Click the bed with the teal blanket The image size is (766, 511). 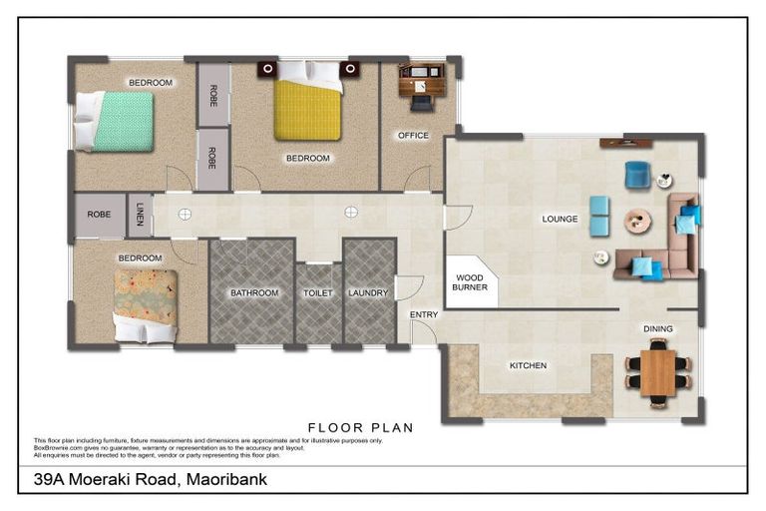[x=114, y=121]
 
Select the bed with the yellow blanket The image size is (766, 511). [x=307, y=109]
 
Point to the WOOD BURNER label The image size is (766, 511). [x=470, y=282]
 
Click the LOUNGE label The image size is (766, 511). [x=561, y=219]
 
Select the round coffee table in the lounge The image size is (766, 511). [x=637, y=222]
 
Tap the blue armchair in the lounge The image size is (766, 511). [x=636, y=175]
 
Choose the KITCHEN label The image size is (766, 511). [x=528, y=366]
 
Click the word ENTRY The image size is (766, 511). [x=424, y=315]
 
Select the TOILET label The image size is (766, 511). [x=318, y=293]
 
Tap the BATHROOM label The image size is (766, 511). [x=254, y=293]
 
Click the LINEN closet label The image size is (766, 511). [x=139, y=215]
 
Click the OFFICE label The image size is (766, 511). [x=413, y=136]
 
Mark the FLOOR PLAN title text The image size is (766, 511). [x=361, y=428]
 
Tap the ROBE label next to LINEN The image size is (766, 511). [x=99, y=215]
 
